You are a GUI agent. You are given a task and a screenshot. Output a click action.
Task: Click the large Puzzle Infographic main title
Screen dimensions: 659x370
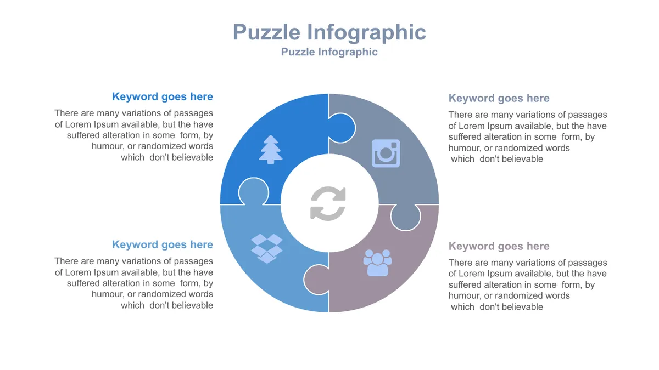coord(329,32)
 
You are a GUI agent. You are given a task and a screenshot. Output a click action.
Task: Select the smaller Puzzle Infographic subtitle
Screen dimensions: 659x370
coord(329,52)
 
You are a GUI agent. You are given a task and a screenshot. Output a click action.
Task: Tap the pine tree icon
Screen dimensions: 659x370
coord(271,150)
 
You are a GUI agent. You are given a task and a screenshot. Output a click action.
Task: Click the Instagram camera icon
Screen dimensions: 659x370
coord(386,153)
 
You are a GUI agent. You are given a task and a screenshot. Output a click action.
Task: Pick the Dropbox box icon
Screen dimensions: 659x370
coord(266,248)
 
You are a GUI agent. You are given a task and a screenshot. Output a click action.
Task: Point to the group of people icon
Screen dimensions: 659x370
coord(377,263)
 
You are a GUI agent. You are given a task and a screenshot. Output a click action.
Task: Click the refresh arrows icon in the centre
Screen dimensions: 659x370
coord(328,203)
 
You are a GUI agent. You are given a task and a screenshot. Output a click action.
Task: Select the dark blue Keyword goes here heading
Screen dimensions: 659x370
coord(163,96)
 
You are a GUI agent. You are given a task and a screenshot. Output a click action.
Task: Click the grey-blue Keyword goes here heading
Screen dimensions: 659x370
coord(499,98)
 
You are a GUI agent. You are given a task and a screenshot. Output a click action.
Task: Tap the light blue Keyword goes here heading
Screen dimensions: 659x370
coord(163,244)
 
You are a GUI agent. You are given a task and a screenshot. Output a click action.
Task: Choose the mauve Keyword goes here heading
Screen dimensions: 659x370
coord(499,246)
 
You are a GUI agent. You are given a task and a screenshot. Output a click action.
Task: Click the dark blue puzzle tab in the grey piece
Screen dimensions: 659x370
coord(342,128)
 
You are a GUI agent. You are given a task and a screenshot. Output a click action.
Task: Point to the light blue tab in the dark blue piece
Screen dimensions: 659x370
coord(253,191)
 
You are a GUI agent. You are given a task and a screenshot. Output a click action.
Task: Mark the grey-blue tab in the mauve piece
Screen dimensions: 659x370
coord(405,217)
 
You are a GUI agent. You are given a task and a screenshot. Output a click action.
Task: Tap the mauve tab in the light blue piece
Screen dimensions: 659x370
coord(316,280)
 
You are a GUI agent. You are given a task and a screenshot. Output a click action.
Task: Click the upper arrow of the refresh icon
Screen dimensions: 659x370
coord(329,195)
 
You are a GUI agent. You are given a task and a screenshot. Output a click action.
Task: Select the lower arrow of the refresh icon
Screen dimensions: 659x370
coord(327,213)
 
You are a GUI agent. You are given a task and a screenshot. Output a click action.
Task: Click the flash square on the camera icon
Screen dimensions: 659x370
coord(394,145)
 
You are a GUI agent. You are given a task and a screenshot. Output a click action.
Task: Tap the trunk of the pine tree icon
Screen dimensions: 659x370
coord(271,162)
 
